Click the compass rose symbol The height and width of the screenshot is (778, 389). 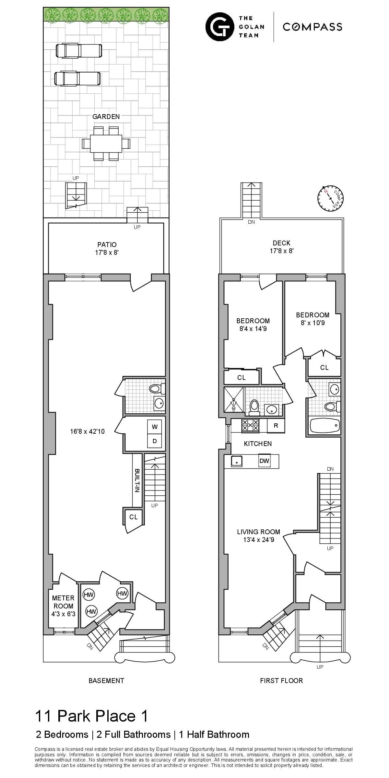point(330,198)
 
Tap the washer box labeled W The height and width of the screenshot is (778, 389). point(155,427)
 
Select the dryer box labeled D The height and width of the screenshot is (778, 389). point(155,441)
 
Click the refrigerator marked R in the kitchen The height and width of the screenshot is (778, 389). point(276,426)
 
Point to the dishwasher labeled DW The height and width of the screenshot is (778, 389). point(264,461)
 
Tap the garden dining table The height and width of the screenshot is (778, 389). point(106,144)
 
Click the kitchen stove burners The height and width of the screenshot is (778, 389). point(250,425)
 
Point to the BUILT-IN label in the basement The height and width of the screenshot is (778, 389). point(137,481)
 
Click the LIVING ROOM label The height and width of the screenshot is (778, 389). point(258,532)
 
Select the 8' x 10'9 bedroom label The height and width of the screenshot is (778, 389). point(312,319)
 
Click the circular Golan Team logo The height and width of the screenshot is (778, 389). point(220,27)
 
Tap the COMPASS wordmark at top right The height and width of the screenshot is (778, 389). point(312,27)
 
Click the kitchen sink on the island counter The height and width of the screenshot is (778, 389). point(237,461)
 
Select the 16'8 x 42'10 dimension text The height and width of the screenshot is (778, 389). point(87,431)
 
